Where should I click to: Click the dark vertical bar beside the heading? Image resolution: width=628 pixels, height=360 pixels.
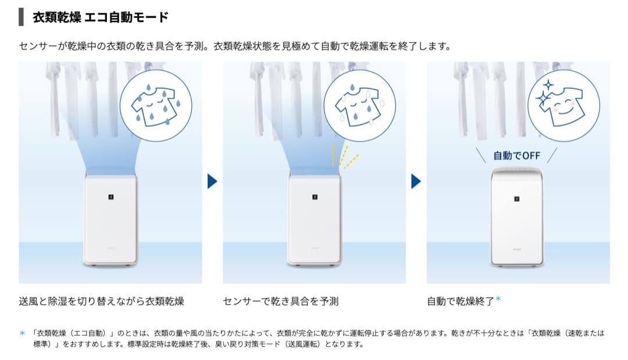(x=22, y=17)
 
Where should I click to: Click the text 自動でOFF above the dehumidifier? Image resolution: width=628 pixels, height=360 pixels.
(x=516, y=155)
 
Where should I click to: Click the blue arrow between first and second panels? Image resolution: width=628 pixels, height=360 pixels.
(x=212, y=181)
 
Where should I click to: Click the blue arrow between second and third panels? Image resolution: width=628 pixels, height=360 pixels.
(x=416, y=181)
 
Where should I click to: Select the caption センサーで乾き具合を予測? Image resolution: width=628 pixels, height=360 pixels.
(x=280, y=301)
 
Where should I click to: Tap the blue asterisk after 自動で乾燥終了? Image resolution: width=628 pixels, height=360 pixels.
(x=498, y=300)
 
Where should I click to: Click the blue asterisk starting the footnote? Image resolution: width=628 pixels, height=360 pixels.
(x=23, y=333)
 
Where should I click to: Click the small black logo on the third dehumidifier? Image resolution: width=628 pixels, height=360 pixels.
(x=516, y=199)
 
